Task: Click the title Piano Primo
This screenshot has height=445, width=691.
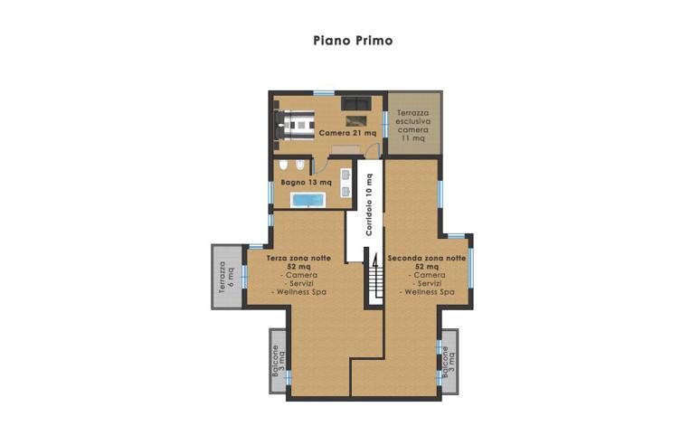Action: pyautogui.click(x=353, y=41)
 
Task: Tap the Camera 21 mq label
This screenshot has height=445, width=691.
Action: pyautogui.click(x=347, y=133)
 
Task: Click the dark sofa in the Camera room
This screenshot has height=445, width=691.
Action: pyautogui.click(x=355, y=103)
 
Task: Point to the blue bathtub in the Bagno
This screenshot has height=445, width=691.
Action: pyautogui.click(x=308, y=200)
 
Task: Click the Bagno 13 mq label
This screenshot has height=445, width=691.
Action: pyautogui.click(x=307, y=182)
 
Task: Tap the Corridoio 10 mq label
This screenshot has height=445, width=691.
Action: pyautogui.click(x=369, y=204)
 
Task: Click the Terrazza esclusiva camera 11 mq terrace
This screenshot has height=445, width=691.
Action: pyautogui.click(x=413, y=123)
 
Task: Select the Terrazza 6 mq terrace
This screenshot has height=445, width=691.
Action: pyautogui.click(x=227, y=277)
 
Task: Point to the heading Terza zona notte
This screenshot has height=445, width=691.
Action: pyautogui.click(x=298, y=258)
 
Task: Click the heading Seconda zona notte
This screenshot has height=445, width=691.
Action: pyautogui.click(x=427, y=258)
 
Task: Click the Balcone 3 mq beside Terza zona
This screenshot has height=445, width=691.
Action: pyautogui.click(x=279, y=361)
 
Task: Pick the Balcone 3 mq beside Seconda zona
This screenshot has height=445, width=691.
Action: pyautogui.click(x=450, y=361)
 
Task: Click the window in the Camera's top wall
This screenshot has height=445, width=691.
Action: pyautogui.click(x=324, y=92)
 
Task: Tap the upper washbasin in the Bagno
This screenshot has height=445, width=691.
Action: pyautogui.click(x=345, y=175)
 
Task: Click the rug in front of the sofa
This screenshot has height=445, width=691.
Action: pyautogui.click(x=356, y=120)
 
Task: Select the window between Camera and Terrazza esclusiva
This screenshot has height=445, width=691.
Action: pyautogui.click(x=384, y=125)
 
